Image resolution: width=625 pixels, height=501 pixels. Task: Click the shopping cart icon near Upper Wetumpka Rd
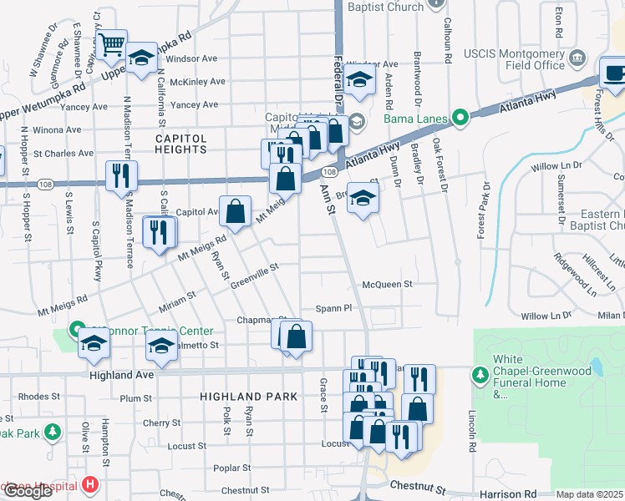(x=110, y=44)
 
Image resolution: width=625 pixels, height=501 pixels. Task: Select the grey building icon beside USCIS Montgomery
(x=576, y=58)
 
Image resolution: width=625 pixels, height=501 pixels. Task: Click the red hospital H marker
(x=90, y=485)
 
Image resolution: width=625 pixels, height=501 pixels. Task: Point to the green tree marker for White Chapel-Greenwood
(x=481, y=375)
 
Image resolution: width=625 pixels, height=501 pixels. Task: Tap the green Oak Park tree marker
(x=53, y=432)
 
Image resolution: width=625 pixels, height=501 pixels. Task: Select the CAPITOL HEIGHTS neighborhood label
(x=180, y=143)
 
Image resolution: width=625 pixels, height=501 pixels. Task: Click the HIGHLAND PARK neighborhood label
(x=241, y=397)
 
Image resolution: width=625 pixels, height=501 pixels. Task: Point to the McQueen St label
(x=387, y=284)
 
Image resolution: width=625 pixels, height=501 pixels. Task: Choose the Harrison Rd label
(x=508, y=493)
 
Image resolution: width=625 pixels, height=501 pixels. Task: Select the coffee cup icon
(x=614, y=72)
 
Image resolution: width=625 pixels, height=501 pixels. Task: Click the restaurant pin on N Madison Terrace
(x=121, y=175)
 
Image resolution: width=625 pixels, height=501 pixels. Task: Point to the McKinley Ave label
(x=197, y=82)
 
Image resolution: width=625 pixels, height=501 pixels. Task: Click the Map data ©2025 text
(x=590, y=494)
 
